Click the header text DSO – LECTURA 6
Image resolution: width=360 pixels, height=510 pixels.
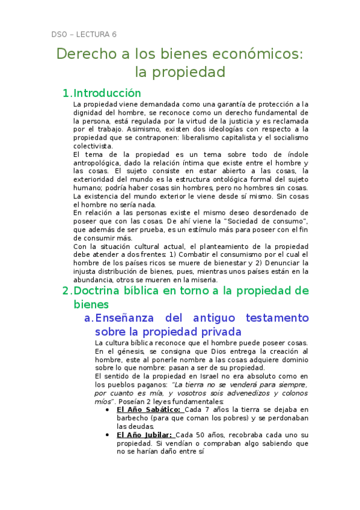84,34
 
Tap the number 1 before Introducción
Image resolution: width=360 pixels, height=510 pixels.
66,93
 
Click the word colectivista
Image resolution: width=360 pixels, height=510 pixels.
92,146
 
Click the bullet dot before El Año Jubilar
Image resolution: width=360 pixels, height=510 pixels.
107,435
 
